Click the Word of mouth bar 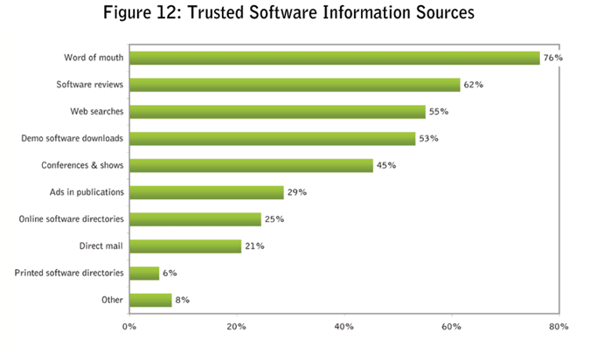point(335,58)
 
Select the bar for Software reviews point(295,85)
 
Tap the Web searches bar point(277,112)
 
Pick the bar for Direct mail point(185,246)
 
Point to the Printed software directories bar point(144,273)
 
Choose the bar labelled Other point(150,301)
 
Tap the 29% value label point(297,192)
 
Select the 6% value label point(170,273)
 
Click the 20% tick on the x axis point(236,327)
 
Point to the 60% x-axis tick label point(451,327)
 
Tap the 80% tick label point(559,327)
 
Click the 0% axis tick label point(129,327)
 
